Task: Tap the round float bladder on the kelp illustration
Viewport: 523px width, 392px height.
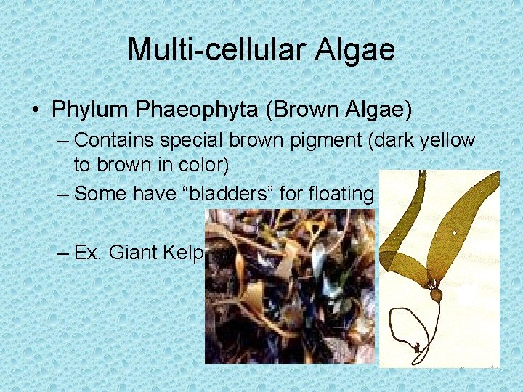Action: (435, 295)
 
